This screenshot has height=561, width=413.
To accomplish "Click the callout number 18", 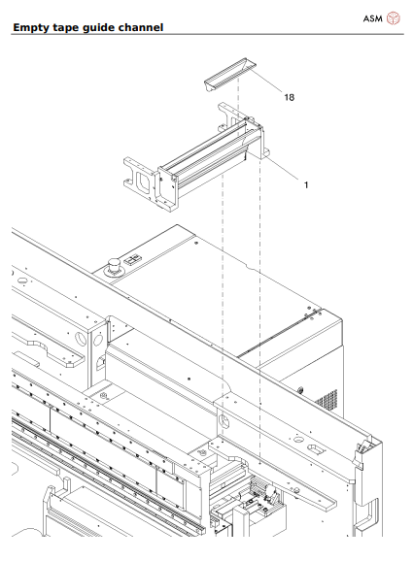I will (x=289, y=97).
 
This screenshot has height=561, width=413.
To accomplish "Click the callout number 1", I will (x=307, y=183).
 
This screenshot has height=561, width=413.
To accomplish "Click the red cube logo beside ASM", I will (x=394, y=17).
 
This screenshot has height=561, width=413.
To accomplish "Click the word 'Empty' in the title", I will (x=35, y=26).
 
